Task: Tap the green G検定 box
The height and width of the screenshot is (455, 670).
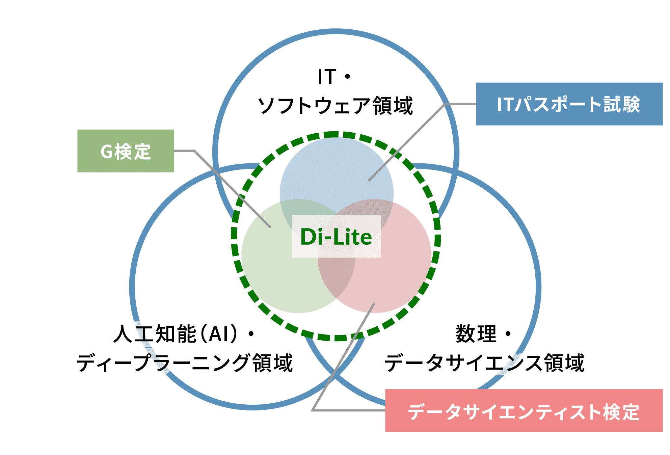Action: pos(126,151)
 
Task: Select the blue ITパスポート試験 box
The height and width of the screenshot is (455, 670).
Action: pos(569,104)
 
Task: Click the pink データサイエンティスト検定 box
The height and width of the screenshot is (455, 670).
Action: pos(524,410)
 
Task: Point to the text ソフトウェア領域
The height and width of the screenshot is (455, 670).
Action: pos(335,106)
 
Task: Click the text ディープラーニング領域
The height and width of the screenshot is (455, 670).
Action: pos(185,363)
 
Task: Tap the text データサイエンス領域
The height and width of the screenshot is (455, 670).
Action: pos(484,363)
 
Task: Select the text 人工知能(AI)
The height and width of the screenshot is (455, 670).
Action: pos(176,334)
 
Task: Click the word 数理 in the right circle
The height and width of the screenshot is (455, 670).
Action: pos(476,334)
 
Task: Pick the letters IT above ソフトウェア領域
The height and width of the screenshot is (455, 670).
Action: pos(327,77)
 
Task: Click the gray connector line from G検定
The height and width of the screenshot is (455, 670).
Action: pos(233,189)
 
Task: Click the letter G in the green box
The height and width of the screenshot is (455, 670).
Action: pos(106,151)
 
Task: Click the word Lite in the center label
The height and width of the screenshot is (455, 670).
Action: pos(353,237)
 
